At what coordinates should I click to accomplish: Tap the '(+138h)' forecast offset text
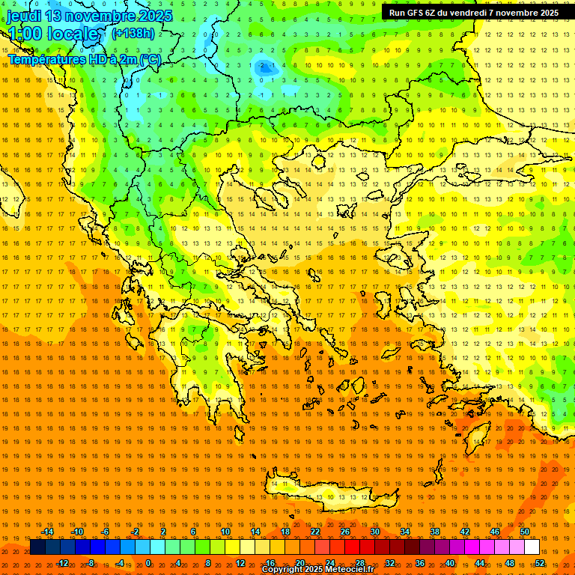(133, 33)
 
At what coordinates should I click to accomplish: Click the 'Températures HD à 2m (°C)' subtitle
(84, 59)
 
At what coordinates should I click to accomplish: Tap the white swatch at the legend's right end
(532, 547)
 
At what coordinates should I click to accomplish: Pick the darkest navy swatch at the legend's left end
(37, 547)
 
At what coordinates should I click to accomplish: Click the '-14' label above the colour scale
(47, 532)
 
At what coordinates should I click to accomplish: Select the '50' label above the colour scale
(525, 532)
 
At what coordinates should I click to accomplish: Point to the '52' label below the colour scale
(539, 563)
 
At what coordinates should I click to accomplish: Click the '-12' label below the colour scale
(62, 563)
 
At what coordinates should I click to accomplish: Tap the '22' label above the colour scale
(315, 532)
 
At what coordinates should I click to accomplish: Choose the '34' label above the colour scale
(405, 532)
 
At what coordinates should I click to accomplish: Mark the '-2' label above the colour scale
(136, 532)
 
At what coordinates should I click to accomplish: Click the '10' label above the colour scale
(225, 532)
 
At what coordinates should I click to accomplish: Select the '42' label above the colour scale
(465, 532)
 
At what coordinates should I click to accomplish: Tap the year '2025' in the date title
(155, 16)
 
